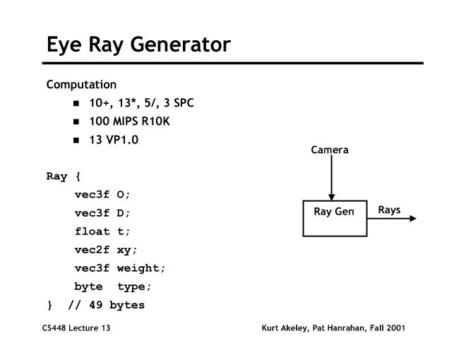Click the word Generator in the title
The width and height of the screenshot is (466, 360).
177,44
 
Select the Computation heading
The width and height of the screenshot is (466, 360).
81,85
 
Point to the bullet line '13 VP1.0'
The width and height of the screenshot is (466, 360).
114,139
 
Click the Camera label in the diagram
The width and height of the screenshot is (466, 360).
330,150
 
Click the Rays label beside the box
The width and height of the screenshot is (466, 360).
389,210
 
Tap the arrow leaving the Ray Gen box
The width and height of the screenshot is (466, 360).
392,218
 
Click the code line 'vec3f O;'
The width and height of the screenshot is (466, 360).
103,195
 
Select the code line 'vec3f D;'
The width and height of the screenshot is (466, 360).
103,213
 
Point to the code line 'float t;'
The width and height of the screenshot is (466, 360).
103,232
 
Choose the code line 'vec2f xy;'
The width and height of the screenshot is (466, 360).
106,250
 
